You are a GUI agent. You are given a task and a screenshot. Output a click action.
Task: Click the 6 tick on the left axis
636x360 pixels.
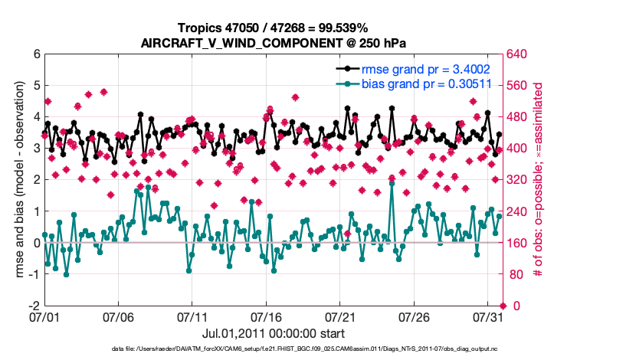36,54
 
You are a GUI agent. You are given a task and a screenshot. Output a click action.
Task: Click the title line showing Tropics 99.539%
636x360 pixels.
274,28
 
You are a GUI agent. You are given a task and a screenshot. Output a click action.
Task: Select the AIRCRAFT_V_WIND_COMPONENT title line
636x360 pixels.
274,43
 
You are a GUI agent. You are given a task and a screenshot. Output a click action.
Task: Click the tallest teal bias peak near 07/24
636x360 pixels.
392,184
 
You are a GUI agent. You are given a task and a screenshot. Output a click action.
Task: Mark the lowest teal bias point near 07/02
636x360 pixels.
67,274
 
